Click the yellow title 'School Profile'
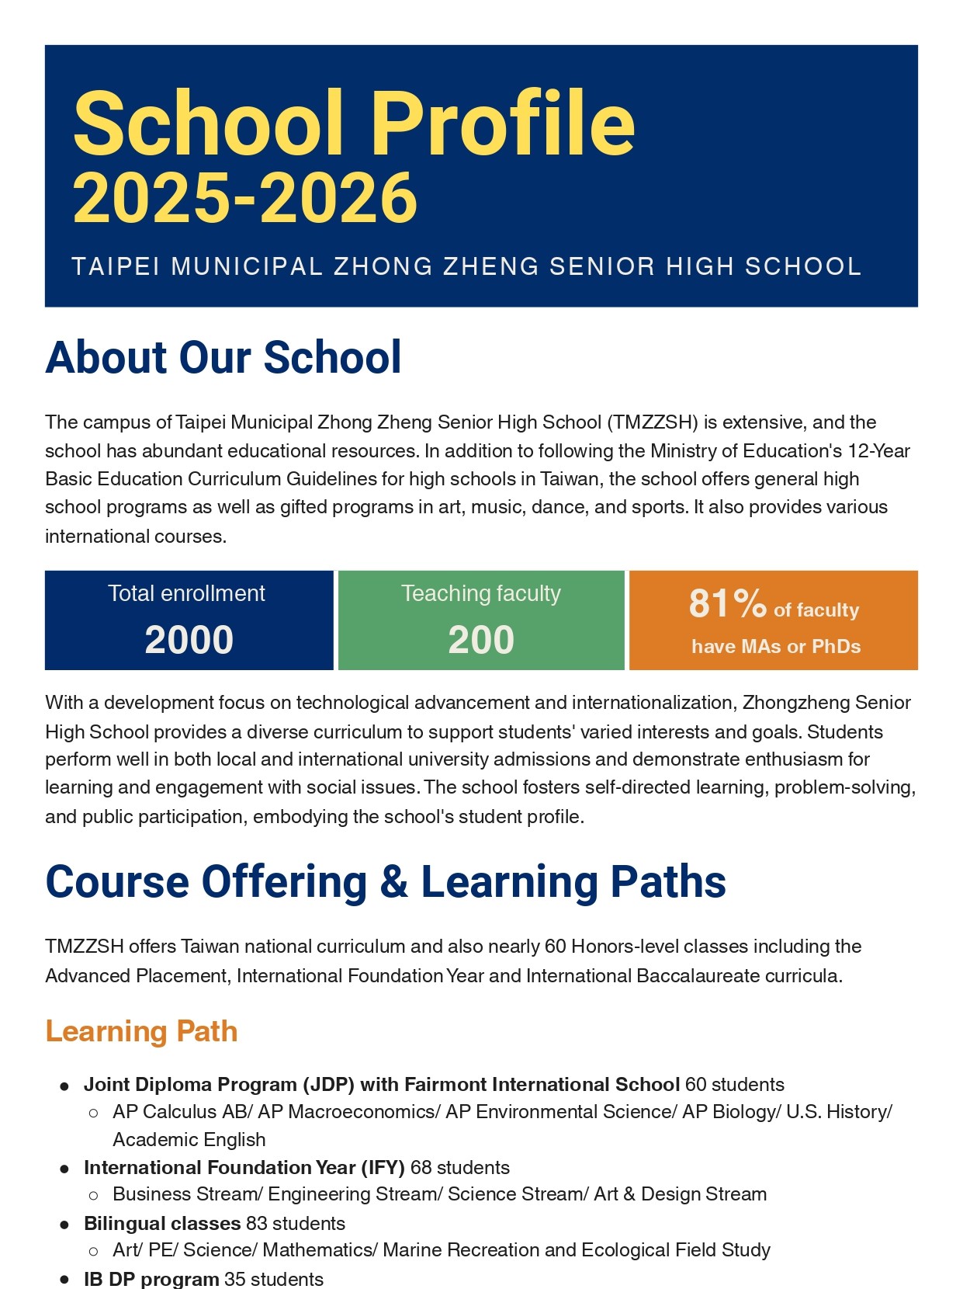[x=354, y=123]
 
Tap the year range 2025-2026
[x=245, y=199]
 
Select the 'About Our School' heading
[x=223, y=358]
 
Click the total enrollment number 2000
[x=189, y=641]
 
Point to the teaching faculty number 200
[x=481, y=641]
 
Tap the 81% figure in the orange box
[x=727, y=603]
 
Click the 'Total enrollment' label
[x=186, y=594]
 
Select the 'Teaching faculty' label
[x=481, y=594]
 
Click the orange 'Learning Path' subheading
[x=141, y=1032]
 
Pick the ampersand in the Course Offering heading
[x=393, y=883]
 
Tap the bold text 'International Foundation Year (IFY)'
[x=244, y=1168]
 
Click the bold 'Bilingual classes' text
[x=161, y=1224]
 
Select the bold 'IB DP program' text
[x=151, y=1279]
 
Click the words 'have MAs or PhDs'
[x=776, y=647]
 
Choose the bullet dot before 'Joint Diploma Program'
[x=65, y=1086]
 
